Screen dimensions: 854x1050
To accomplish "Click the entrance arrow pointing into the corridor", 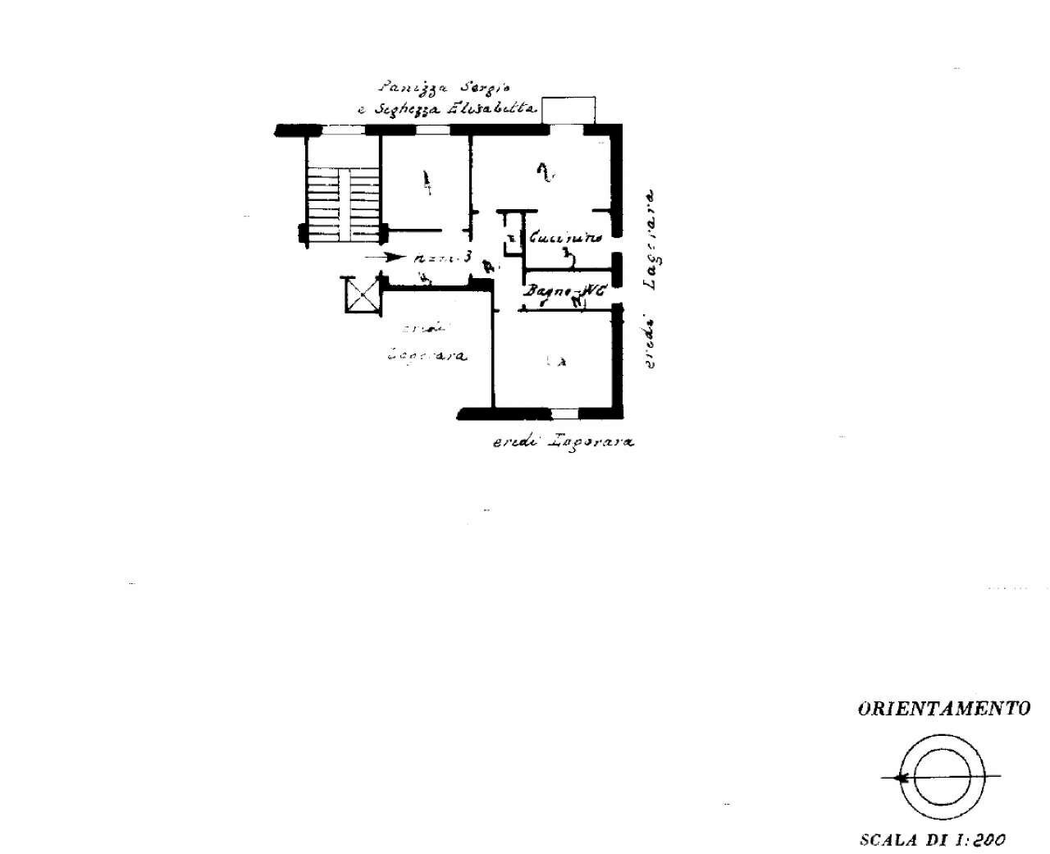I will pyautogui.click(x=384, y=257).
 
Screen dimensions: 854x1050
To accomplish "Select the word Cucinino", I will pyautogui.click(x=566, y=238).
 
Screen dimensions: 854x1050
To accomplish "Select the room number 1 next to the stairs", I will pyautogui.click(x=425, y=181).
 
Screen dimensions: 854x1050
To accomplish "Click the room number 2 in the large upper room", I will pyautogui.click(x=542, y=171).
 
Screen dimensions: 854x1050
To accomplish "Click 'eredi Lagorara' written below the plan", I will pyautogui.click(x=563, y=441).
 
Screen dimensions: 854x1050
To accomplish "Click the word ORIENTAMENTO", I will pyautogui.click(x=943, y=709).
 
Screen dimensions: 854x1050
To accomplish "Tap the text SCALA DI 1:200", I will pyautogui.click(x=933, y=839).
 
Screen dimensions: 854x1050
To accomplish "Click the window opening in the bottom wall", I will pyautogui.click(x=564, y=412).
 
